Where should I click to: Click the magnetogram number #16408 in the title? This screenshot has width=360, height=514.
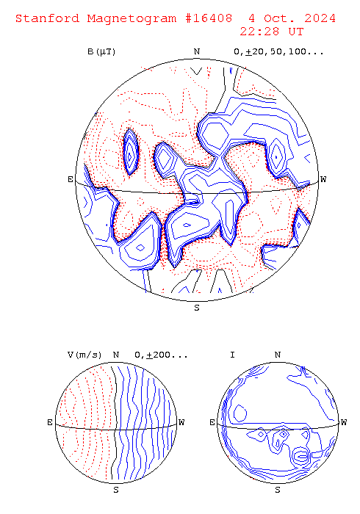click(x=209, y=18)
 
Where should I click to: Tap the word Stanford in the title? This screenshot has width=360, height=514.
click(x=48, y=18)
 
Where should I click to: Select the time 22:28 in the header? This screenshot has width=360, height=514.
click(x=259, y=32)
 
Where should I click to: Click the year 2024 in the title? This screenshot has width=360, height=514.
click(x=320, y=18)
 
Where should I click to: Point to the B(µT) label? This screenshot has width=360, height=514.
click(x=101, y=52)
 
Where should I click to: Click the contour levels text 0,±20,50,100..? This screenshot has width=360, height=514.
click(x=278, y=52)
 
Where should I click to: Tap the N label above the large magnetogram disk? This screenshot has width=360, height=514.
click(x=197, y=51)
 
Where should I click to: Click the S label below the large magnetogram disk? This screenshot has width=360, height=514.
click(x=197, y=308)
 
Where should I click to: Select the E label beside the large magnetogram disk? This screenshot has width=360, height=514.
click(x=71, y=179)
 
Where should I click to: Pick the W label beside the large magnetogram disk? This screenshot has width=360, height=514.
click(x=323, y=179)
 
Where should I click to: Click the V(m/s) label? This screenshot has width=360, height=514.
click(x=84, y=355)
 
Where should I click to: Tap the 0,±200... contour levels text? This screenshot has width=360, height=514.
click(x=161, y=355)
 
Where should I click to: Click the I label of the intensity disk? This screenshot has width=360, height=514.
click(x=232, y=355)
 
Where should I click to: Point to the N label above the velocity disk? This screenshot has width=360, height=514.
click(x=116, y=355)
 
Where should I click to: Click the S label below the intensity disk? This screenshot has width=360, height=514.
click(x=278, y=490)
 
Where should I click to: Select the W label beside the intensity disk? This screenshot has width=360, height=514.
click(x=344, y=422)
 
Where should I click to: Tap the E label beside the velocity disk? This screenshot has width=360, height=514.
click(x=50, y=422)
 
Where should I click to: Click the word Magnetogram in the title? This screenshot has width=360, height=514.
click(x=132, y=18)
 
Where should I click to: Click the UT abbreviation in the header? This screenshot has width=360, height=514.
click(x=296, y=32)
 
